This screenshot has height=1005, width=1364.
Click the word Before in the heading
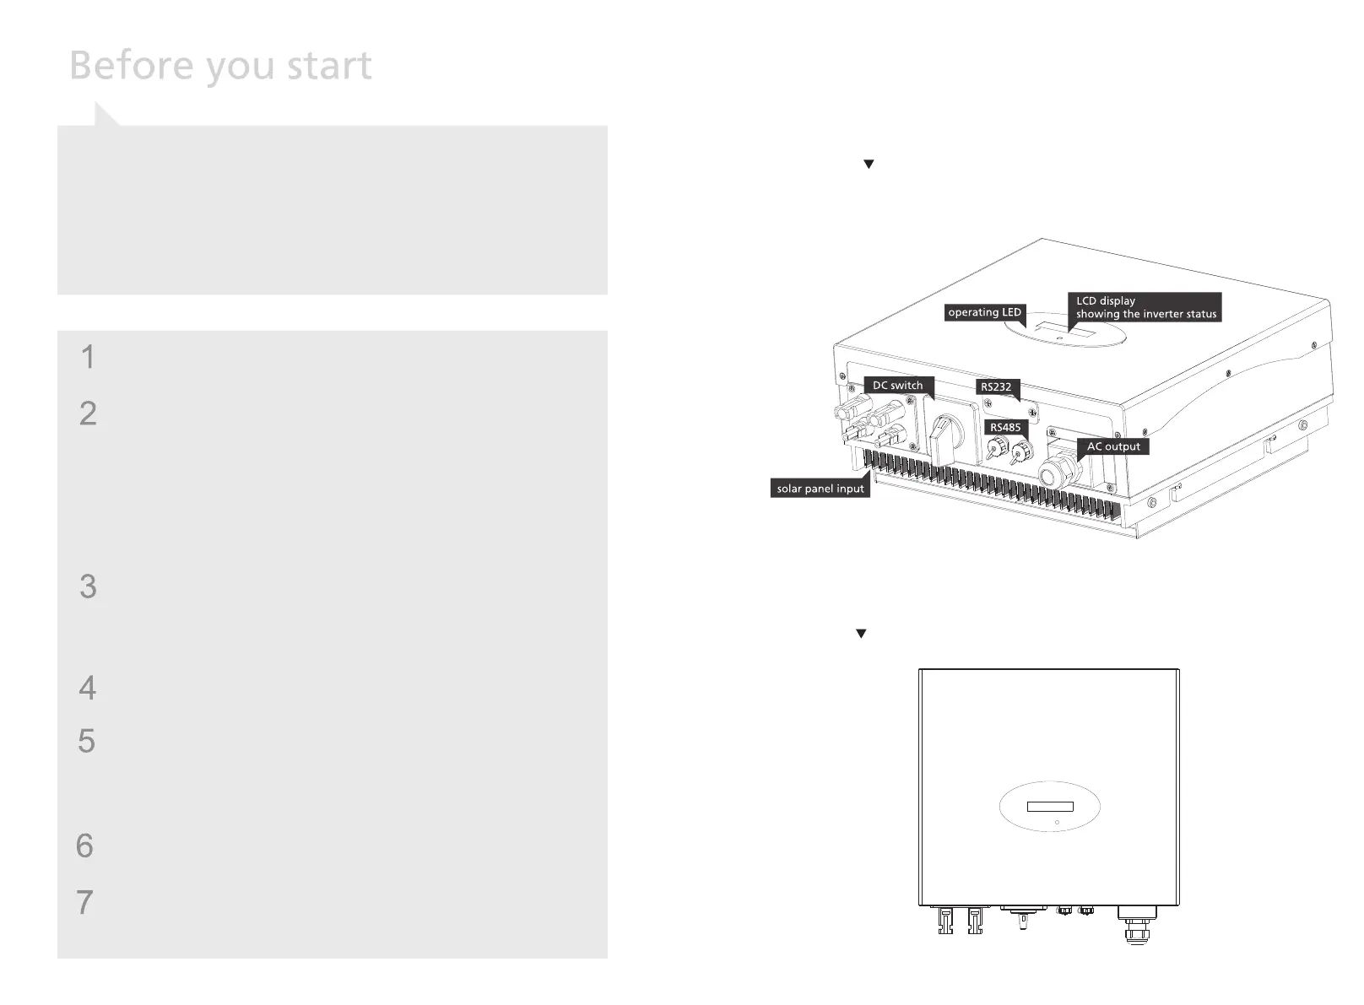point(131,65)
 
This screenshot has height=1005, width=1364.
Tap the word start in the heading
point(328,67)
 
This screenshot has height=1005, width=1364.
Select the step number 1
point(88,357)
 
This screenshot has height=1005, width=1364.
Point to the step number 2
point(88,413)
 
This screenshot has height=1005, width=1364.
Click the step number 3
point(88,586)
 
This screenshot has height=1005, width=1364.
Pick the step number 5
point(86,741)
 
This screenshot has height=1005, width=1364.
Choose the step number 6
point(84,846)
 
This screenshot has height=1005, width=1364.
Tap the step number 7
point(84,902)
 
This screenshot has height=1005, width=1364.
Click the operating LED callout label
point(984,312)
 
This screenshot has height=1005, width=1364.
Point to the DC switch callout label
point(897,386)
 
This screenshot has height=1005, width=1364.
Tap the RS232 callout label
point(996,386)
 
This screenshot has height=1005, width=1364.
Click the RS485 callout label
point(1005,427)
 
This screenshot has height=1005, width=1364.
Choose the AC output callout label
point(1112,446)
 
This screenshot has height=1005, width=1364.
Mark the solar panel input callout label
point(820,489)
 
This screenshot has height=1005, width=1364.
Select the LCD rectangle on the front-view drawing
point(1050,807)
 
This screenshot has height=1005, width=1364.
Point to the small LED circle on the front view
point(1057,822)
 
